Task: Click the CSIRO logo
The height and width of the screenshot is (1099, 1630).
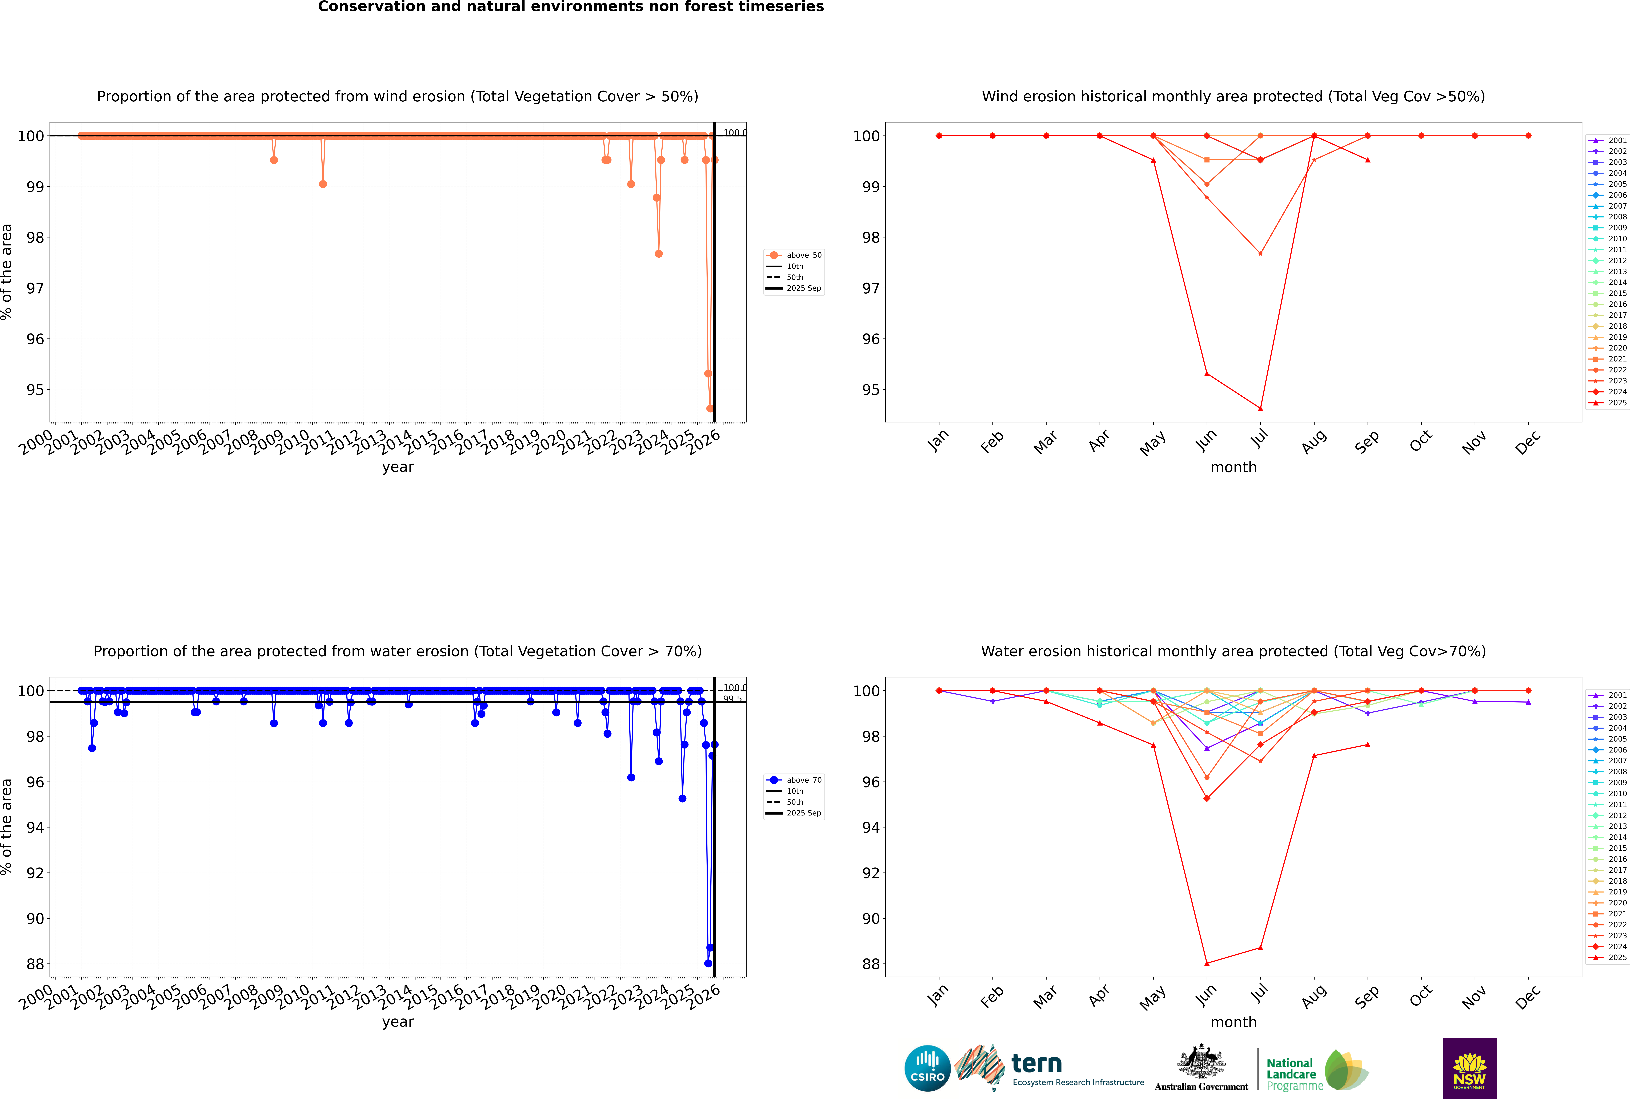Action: [927, 1068]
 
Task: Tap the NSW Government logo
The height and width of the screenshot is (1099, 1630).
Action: [1469, 1068]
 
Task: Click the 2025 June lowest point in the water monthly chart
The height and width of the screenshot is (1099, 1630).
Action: [1207, 963]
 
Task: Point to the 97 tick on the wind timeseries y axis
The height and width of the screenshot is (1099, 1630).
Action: [35, 288]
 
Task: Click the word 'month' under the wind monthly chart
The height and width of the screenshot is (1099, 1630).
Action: [1233, 468]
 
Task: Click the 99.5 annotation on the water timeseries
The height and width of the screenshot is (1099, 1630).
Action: [732, 699]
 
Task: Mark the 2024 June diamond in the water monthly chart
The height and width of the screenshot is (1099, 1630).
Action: [1207, 798]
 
